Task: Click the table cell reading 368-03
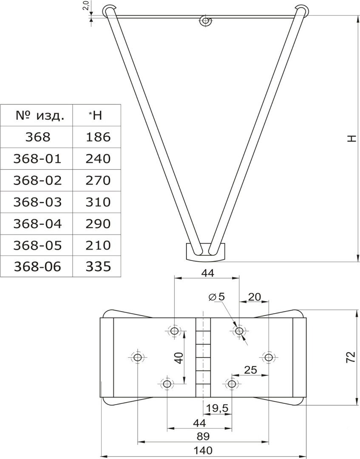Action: (38, 202)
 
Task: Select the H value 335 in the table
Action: (98, 266)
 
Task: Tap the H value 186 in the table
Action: (98, 137)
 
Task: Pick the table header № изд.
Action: (40, 116)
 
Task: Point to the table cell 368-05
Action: (38, 245)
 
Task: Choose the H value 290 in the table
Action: (98, 224)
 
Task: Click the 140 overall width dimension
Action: (203, 450)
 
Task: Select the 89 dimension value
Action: (203, 436)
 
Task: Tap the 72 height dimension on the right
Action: (351, 357)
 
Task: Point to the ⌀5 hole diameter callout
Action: (217, 297)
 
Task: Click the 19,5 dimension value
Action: (217, 408)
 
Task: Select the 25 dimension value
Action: (250, 370)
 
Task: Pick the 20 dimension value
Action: (254, 297)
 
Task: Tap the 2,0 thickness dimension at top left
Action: (85, 6)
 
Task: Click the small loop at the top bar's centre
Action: (205, 20)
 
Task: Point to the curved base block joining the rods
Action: (206, 252)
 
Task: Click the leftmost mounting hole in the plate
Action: (137, 357)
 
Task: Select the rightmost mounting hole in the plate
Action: (268, 357)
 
